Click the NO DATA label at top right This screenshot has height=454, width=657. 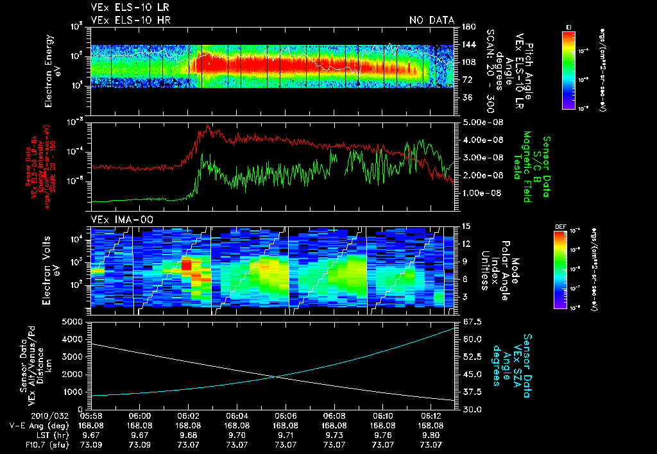point(432,21)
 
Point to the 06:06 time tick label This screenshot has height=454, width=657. point(286,416)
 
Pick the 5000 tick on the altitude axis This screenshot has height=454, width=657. point(76,321)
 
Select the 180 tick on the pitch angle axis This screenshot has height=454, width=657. point(468,27)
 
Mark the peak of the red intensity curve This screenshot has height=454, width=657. point(208,126)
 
